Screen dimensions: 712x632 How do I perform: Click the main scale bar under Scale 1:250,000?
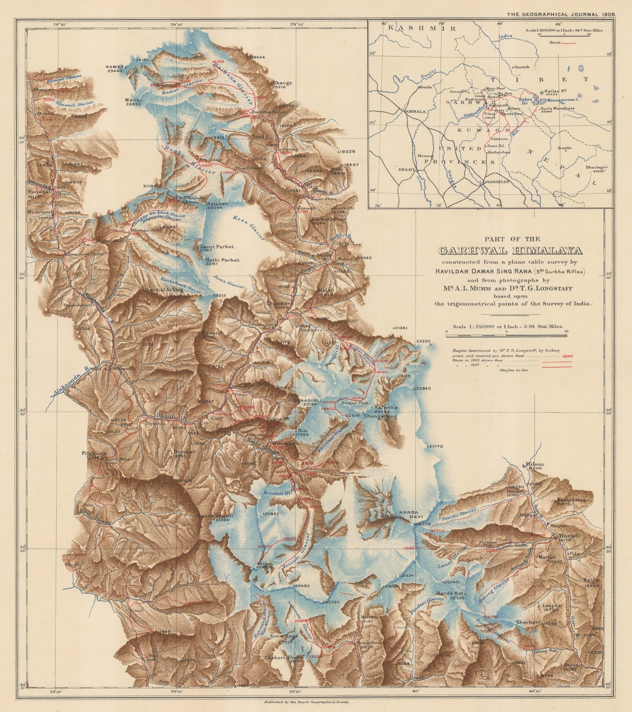[506, 332]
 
